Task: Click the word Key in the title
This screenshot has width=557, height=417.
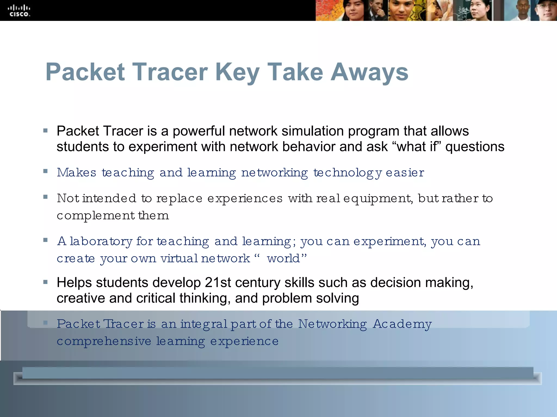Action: click(x=237, y=72)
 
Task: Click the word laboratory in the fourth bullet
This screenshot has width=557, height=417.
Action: click(x=101, y=241)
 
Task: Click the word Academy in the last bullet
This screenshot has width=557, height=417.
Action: click(x=402, y=324)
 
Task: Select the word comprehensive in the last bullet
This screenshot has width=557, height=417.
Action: click(x=104, y=342)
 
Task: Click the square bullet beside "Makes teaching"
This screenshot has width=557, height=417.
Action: click(x=45, y=171)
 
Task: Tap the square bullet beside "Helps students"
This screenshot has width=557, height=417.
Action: click(x=45, y=282)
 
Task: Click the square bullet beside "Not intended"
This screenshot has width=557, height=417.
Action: click(x=45, y=197)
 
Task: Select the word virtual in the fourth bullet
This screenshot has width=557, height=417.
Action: click(x=179, y=258)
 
